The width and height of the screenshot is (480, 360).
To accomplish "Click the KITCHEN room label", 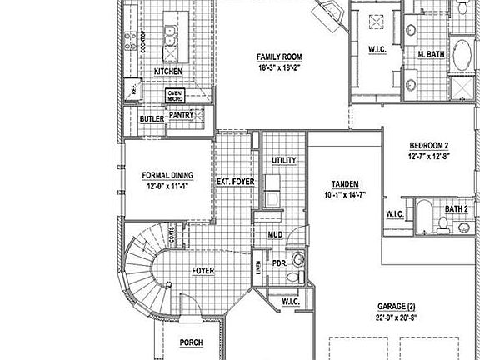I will [167, 72].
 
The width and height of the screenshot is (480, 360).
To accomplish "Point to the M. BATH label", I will [430, 55].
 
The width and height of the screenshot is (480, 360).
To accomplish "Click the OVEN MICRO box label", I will [174, 95].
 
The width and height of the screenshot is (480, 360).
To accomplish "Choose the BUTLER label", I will [152, 119].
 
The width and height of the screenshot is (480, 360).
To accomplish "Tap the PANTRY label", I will [182, 117].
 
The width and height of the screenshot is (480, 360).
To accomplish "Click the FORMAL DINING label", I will [167, 175].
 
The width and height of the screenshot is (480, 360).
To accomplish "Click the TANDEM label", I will [345, 183].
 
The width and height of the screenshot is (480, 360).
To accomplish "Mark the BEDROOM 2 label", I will [428, 145].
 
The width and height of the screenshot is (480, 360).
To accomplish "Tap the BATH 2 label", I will [456, 208].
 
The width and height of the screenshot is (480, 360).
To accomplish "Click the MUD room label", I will [275, 234].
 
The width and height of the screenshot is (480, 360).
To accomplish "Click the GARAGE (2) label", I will [395, 306].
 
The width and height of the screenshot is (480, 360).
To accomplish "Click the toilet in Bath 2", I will [444, 222].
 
